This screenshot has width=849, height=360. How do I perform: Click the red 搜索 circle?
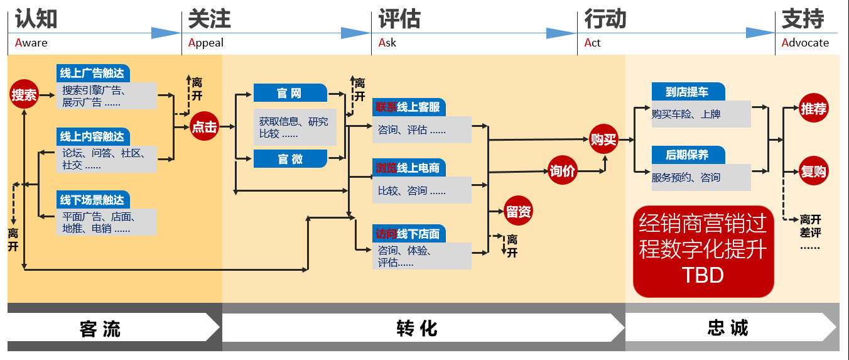pos(24,95)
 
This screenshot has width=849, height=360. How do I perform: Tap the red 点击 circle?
pos(204,127)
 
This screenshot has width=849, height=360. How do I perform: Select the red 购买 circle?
pos(604,139)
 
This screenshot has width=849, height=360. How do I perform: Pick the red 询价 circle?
pos(562,172)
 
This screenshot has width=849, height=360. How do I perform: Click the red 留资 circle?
pos(519,212)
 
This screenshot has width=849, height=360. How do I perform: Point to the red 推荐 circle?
pos(813,109)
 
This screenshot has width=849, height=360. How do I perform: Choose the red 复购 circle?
pos(813,172)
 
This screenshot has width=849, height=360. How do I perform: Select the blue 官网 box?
pos(290,94)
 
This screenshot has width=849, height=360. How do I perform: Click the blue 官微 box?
pos(290,159)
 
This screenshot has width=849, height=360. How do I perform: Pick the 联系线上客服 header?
pos(409,107)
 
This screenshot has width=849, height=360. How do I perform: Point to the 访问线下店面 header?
pos(409,234)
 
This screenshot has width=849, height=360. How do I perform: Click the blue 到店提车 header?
pos(688,92)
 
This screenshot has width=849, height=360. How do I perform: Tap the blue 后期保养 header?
pos(688,155)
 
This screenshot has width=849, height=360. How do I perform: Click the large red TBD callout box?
pos(703,251)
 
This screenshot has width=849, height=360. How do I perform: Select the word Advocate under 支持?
pos(806,43)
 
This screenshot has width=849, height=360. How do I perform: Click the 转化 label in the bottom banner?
pos(417,328)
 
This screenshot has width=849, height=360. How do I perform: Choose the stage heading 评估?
pos(399,19)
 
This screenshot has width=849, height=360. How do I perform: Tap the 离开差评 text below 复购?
pos(810,226)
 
